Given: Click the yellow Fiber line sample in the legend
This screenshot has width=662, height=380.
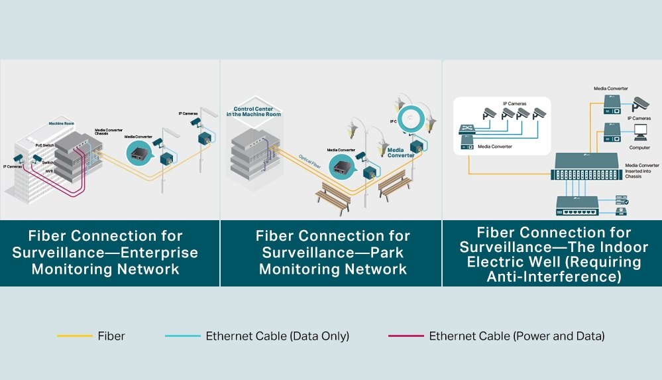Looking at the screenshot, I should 74,336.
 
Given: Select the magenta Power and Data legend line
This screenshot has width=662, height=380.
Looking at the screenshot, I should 406,336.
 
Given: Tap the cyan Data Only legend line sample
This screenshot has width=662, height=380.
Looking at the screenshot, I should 182,336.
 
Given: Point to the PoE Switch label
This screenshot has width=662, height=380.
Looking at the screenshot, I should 45,144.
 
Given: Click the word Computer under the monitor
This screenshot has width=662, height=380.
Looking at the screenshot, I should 640,147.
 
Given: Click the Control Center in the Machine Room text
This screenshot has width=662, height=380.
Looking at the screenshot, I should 257,111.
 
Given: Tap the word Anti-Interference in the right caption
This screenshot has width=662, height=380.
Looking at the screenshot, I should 554,277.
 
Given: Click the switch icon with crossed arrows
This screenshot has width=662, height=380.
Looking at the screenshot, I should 467,131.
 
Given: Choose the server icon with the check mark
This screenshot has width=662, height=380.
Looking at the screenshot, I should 622,200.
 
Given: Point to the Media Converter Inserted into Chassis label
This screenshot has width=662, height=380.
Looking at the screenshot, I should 642,170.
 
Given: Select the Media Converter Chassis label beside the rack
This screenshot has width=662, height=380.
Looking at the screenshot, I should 109,133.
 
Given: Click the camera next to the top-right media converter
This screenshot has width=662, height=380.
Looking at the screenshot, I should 639,103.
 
